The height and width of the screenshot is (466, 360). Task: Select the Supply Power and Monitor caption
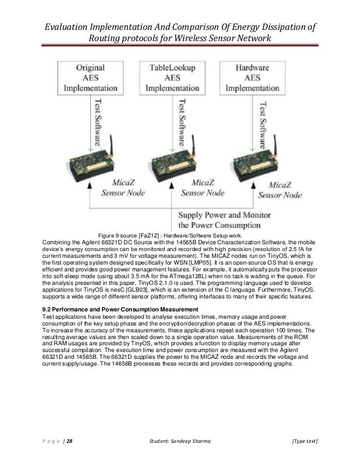pos(225,221)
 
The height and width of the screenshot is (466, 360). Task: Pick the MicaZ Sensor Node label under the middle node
pos(202,188)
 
